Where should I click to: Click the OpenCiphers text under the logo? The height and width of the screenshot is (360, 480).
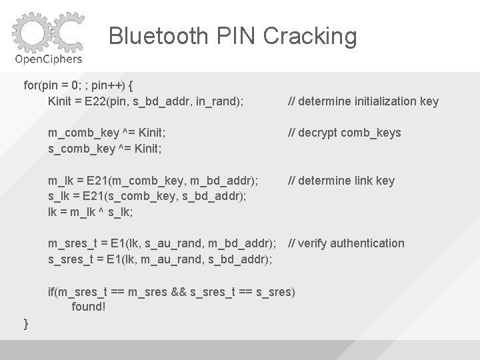pyautogui.click(x=49, y=60)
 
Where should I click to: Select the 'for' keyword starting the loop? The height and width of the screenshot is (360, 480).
pyautogui.click(x=31, y=86)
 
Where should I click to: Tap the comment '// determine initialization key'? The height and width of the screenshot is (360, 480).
pyautogui.click(x=363, y=101)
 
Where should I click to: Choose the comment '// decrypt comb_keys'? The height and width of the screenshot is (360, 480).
pyautogui.click(x=344, y=133)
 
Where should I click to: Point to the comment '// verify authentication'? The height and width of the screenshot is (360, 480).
pyautogui.click(x=345, y=243)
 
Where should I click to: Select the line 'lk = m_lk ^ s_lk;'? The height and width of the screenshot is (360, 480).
pyautogui.click(x=91, y=212)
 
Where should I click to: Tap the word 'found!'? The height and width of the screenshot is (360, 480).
pyautogui.click(x=89, y=307)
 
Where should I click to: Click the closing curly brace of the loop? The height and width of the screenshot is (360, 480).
pyautogui.click(x=26, y=323)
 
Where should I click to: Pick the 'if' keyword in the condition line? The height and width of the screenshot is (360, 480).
pyautogui.click(x=51, y=291)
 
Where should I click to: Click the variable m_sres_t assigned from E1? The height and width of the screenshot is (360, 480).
pyautogui.click(x=74, y=243)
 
